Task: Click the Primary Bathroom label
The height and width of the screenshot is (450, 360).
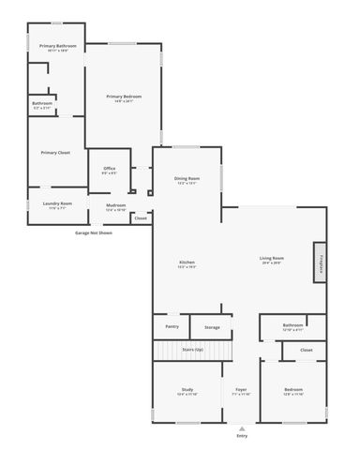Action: [58, 46]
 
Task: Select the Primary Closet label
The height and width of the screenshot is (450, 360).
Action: [55, 152]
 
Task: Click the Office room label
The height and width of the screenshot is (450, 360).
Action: [110, 169]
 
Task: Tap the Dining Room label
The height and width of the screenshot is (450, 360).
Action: [187, 178]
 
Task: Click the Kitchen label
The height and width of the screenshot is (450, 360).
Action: [187, 262]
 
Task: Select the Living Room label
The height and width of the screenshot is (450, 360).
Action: [272, 258]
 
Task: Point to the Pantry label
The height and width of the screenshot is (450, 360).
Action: [172, 326]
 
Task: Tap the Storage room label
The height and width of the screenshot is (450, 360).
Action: [212, 327]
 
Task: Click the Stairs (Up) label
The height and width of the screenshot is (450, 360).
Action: [192, 349]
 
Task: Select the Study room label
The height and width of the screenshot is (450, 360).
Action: [187, 389]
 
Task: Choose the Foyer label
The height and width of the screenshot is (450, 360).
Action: [241, 389]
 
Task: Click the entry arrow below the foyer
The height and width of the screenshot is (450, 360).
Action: [242, 427]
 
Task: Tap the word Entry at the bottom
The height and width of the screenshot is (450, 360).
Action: [242, 436]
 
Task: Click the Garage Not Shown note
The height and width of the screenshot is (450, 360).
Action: [93, 232]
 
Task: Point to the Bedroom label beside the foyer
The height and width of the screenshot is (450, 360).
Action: [293, 389]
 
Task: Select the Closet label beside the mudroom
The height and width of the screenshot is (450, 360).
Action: [141, 217]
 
